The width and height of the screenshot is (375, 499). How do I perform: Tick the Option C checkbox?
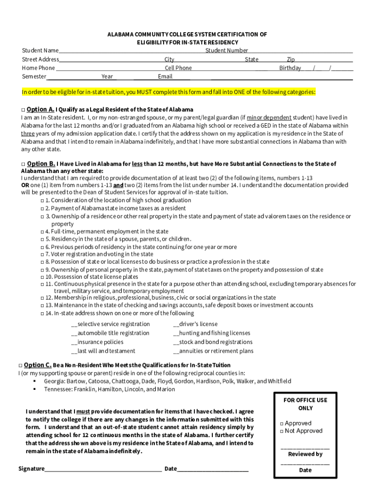20,365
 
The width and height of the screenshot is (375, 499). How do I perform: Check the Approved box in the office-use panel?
282,424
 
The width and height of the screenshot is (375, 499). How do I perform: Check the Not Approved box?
282,431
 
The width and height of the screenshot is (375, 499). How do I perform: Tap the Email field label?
165,77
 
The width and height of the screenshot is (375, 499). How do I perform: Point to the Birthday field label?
290,68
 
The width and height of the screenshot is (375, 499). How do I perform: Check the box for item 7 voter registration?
42,254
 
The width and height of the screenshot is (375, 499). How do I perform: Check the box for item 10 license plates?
42,277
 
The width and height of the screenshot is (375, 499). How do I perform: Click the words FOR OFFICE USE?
305,400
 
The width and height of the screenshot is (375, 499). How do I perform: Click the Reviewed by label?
305,454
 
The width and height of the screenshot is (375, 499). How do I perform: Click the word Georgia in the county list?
55,382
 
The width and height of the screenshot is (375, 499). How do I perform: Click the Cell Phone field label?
178,68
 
